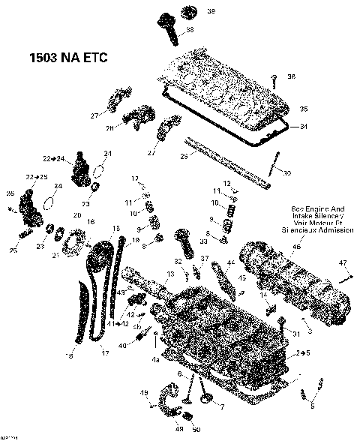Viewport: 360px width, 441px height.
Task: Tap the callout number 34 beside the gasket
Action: point(304,126)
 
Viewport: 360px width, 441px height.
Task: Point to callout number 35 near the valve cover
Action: point(304,109)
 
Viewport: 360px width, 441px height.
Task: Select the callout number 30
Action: point(286,173)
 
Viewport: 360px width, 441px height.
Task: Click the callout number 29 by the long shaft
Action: point(184,156)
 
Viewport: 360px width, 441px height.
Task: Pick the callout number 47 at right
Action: point(343,262)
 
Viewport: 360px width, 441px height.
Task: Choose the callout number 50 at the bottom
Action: point(196,430)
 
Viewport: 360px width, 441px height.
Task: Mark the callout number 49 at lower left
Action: point(145,393)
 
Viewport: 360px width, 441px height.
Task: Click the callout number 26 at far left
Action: point(11,194)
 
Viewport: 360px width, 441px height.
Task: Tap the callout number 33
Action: point(203,241)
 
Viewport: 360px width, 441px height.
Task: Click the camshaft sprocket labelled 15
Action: point(96,262)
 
